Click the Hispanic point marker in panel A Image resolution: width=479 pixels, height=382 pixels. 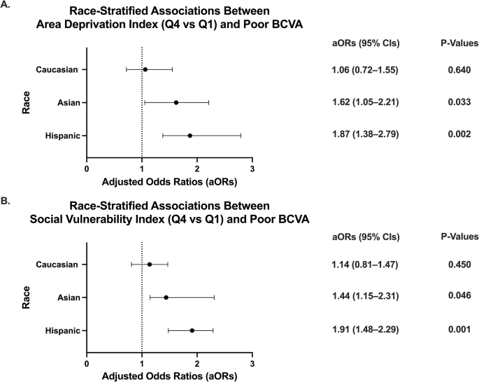coord(190,135)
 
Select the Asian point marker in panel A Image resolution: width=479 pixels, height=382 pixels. coord(176,102)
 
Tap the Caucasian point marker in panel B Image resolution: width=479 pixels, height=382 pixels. coord(150,264)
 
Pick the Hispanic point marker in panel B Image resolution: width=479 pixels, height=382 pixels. coord(192,330)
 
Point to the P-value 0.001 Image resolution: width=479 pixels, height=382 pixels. coord(459,330)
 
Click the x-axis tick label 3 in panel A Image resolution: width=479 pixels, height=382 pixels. coord(252,169)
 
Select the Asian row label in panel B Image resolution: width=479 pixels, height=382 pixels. coord(68,297)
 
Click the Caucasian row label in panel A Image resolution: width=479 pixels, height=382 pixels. coord(58,69)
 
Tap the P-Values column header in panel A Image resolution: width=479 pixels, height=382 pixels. coord(458,43)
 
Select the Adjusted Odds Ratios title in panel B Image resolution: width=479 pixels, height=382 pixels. coord(169,376)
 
